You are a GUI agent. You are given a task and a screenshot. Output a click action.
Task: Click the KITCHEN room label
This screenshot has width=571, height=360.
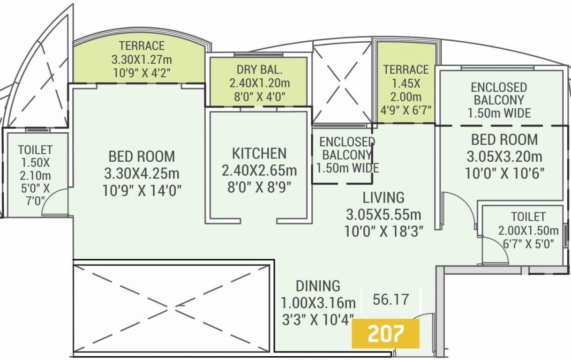pos(259,153)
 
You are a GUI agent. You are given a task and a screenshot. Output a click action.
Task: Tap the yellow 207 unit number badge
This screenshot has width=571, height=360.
pos(385,334)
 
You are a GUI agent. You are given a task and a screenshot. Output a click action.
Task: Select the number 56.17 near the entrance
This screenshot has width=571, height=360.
pos(390,299)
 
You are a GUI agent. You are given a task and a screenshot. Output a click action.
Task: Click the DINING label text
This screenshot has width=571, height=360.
pos(317,285)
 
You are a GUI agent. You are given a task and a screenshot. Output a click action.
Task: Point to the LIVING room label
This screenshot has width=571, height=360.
pos(383,197)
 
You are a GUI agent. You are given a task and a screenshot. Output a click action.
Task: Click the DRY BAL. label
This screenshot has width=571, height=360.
pos(259,70)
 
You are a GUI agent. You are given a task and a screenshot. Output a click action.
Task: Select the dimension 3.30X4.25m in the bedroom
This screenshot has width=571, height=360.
pos(142,173)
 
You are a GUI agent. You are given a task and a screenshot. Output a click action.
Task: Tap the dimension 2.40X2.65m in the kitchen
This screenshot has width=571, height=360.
pos(259,170)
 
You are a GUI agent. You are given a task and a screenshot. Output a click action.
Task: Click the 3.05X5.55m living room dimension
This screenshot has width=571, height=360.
pos(383,215)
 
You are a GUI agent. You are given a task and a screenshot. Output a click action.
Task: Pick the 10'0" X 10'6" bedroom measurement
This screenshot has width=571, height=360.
pos(504,173)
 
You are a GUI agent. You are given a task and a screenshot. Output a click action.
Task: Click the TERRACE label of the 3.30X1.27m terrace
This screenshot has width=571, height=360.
pos(142,46)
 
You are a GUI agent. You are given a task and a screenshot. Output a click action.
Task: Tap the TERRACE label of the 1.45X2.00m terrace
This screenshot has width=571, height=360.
pos(406,70)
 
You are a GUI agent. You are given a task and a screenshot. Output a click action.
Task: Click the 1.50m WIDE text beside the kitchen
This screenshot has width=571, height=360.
pos(347,167)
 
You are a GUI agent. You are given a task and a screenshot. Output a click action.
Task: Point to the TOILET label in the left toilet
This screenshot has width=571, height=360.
pos(35,150)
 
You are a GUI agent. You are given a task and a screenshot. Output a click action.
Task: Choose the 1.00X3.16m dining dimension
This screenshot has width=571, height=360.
pos(317,302)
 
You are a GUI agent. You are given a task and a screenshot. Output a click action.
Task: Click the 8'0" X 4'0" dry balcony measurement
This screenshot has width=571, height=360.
pos(259,96)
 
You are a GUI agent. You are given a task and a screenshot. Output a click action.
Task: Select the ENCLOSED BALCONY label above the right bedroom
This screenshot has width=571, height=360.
pos(499,94)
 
